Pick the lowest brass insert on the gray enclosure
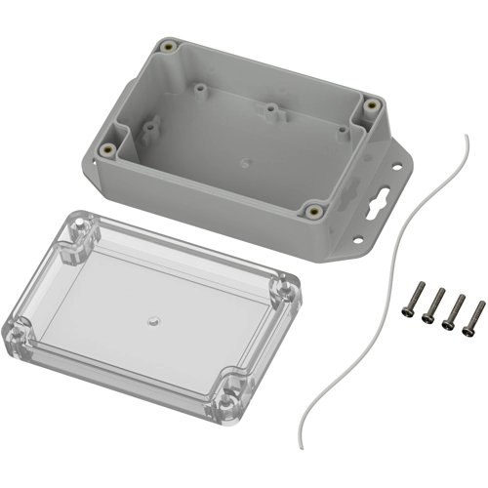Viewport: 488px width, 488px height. point(313,208)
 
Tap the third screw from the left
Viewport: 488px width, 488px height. point(454,309)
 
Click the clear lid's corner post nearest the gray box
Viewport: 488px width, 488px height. point(79,234)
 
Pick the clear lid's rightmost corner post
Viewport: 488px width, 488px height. point(286,290)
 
